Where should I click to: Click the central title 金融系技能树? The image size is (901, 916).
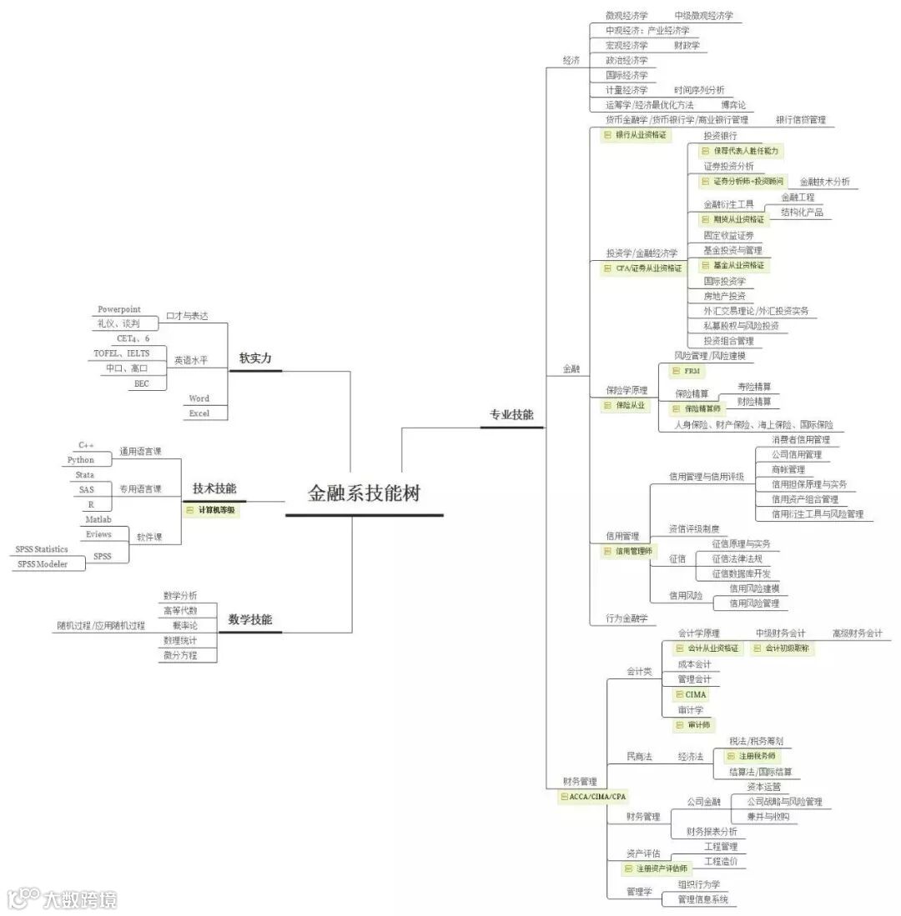[x=364, y=493]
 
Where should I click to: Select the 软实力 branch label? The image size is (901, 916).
[x=254, y=358]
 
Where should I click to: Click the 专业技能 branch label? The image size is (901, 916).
[x=511, y=415]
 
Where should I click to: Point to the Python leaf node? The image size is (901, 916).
[x=81, y=460]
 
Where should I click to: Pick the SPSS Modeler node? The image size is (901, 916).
[x=40, y=564]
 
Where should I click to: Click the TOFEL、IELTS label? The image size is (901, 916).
[x=122, y=353]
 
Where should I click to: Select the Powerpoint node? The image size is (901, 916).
[x=119, y=310]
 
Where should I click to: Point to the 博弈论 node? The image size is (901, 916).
[x=733, y=105]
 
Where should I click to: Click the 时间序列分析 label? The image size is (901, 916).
[x=699, y=90]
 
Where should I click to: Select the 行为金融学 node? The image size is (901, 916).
[x=627, y=618]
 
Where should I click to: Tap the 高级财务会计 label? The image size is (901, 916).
[x=857, y=633]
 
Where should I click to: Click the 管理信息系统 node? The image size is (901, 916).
[x=702, y=899]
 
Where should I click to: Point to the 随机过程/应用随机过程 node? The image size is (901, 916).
[x=101, y=625]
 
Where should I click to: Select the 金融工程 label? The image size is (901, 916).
[x=798, y=198]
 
